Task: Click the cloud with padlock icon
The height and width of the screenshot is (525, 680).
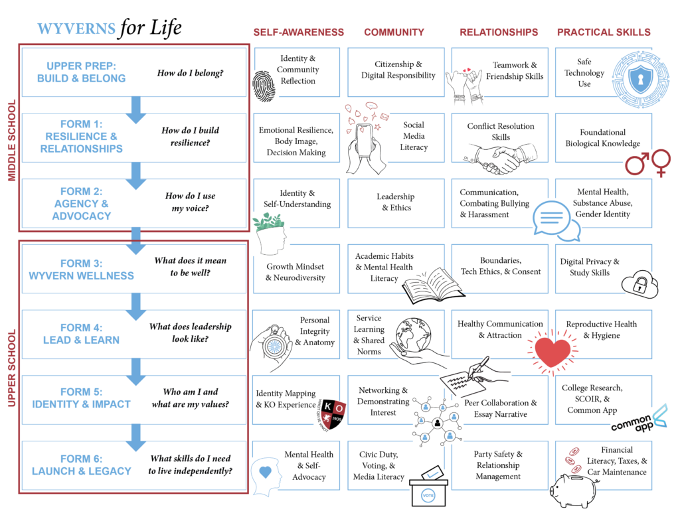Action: pyautogui.click(x=639, y=284)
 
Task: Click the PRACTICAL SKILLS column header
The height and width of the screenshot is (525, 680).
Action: pyautogui.click(x=604, y=32)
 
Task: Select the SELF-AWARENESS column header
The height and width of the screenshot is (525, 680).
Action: pyautogui.click(x=298, y=32)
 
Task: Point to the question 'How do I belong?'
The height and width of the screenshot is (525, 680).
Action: pyautogui.click(x=190, y=72)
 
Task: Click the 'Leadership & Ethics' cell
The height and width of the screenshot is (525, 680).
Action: pyautogui.click(x=395, y=202)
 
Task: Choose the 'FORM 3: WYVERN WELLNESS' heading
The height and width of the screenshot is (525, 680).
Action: pyautogui.click(x=81, y=269)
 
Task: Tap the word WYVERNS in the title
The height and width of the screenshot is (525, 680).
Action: pyautogui.click(x=75, y=29)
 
